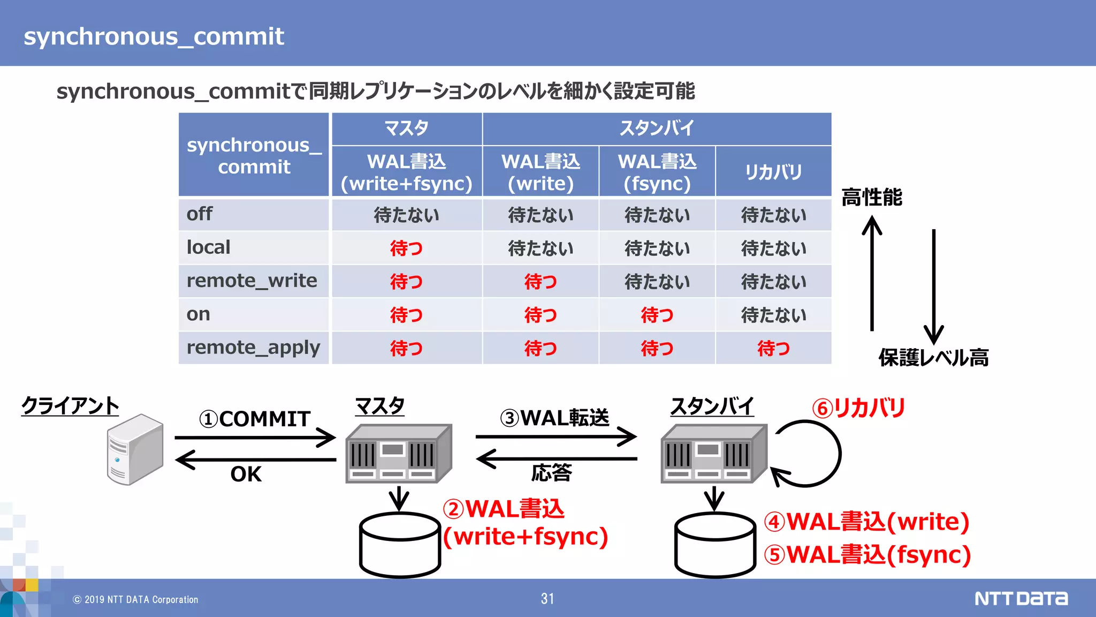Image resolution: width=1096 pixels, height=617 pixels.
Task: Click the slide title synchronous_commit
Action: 154,36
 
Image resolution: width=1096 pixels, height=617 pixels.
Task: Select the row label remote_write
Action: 252,281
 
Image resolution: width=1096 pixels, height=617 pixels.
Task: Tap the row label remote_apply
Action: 253,348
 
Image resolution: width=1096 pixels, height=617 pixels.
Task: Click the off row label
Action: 199,214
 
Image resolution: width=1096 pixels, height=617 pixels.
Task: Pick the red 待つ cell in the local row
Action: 406,248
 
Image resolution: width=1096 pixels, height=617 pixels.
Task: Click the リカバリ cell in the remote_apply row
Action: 773,348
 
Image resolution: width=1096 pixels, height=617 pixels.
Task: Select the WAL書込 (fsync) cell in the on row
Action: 657,315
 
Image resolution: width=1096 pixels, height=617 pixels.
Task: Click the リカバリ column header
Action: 773,172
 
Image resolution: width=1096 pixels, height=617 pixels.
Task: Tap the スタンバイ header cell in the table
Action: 656,129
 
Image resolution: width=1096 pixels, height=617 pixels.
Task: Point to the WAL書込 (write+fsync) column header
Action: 406,172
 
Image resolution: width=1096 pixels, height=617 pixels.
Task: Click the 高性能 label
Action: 871,197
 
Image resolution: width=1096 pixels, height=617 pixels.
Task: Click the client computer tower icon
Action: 135,449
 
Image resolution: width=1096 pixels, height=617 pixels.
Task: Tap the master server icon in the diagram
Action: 398,453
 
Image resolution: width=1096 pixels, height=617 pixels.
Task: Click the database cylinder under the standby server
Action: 714,544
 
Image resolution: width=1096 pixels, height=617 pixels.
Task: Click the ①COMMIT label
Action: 255,419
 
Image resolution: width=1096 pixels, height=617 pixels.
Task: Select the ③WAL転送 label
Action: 554,418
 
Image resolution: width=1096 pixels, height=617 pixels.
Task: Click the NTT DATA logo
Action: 1021,598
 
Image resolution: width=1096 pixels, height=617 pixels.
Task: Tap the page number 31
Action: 547,599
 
